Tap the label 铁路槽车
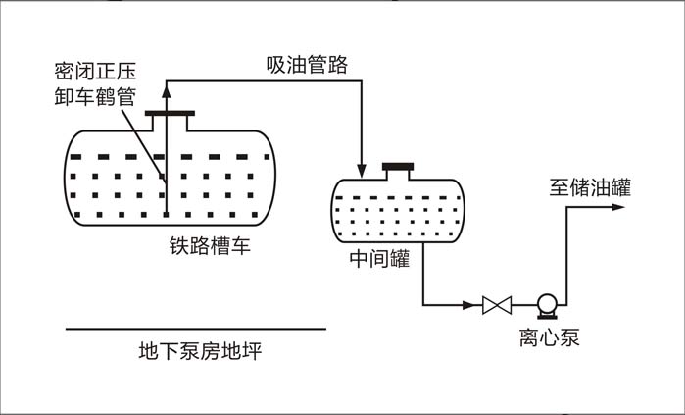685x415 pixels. [x=210, y=246]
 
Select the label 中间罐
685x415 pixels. [x=378, y=260]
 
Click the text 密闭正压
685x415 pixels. [x=95, y=73]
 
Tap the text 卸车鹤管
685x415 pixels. [x=95, y=94]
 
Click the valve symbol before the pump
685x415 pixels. [x=497, y=305]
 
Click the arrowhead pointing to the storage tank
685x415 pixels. [x=632, y=208]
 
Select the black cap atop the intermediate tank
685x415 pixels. [x=398, y=166]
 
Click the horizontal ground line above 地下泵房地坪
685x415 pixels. [x=196, y=329]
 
